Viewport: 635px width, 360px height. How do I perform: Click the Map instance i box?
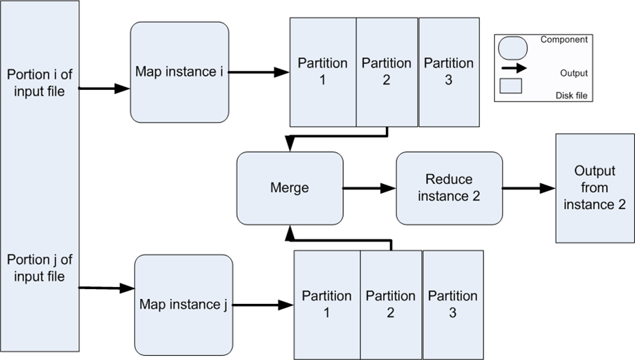click(180, 72)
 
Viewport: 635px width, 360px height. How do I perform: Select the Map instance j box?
click(183, 305)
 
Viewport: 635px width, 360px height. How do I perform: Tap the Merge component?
click(290, 188)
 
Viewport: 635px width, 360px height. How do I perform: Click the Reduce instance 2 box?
click(449, 188)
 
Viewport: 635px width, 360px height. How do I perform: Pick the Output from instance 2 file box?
click(595, 188)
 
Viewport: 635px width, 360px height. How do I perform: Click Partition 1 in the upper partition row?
click(323, 72)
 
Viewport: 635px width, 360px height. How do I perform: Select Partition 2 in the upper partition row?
click(387, 72)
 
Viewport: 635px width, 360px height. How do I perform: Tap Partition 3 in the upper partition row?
click(449, 72)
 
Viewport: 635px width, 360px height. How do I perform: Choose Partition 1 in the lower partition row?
click(327, 305)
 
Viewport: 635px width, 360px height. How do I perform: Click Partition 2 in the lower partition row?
click(391, 305)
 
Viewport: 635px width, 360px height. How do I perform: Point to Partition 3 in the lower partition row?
click(453, 305)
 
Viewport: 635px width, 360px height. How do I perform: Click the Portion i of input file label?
click(39, 83)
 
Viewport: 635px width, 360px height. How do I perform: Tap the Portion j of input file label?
click(39, 267)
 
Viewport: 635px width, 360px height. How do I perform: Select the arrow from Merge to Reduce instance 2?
click(369, 188)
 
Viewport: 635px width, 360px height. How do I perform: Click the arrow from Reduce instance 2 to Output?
click(529, 188)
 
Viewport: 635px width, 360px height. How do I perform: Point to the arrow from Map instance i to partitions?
click(259, 72)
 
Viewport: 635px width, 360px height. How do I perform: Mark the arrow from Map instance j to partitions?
click(263, 305)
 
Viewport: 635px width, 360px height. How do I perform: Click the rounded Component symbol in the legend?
click(513, 48)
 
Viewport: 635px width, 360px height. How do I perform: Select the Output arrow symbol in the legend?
click(514, 69)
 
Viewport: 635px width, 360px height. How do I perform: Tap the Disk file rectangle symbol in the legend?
click(511, 86)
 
